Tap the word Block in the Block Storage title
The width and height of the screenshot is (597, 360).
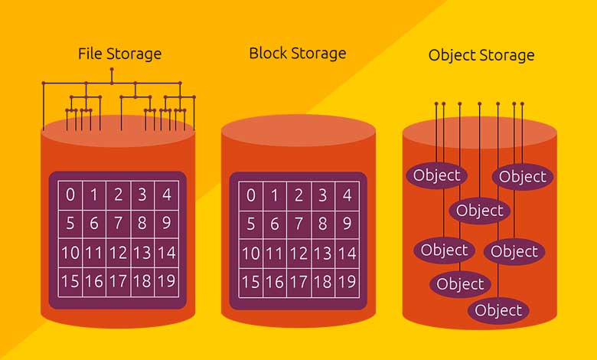pos(268,53)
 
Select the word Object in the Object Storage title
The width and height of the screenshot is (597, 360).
pos(452,56)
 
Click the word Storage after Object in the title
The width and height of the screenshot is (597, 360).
pos(507,56)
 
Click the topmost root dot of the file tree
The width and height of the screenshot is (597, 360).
pos(112,70)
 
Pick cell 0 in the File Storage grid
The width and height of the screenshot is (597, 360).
pos(70,195)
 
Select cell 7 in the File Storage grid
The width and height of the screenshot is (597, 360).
pos(119,224)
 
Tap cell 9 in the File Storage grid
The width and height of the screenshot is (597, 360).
pos(167,224)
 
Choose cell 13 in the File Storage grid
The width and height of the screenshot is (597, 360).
pos(142,253)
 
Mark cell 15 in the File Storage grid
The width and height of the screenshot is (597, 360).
pos(70,282)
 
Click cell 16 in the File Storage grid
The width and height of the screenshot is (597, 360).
pos(94,282)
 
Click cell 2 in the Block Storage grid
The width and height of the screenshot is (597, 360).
pos(298,196)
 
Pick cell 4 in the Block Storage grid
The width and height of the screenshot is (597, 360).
pos(347,196)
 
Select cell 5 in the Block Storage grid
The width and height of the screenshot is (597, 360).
pos(251,224)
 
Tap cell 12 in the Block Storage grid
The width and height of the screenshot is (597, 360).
pos(298,254)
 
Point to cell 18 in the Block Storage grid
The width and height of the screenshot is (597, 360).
pos(323,283)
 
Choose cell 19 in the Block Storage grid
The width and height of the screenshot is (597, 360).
pos(347,283)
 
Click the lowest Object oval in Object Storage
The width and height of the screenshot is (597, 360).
pos(498,311)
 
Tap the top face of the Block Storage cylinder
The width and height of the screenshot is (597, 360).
pos(298,131)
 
